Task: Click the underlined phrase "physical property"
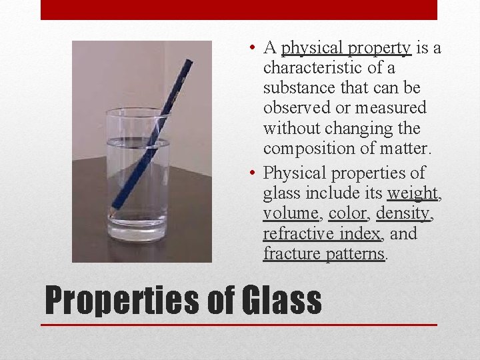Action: click(x=346, y=48)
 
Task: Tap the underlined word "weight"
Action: click(x=413, y=193)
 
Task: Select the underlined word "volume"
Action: click(x=291, y=213)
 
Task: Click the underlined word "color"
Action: click(x=347, y=213)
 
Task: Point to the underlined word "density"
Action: click(x=403, y=213)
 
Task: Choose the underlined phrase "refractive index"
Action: click(x=322, y=233)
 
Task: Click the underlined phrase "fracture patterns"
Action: click(x=324, y=253)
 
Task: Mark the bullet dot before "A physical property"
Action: click(x=248, y=48)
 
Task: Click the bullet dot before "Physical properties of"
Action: click(x=248, y=173)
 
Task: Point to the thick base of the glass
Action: click(x=139, y=233)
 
